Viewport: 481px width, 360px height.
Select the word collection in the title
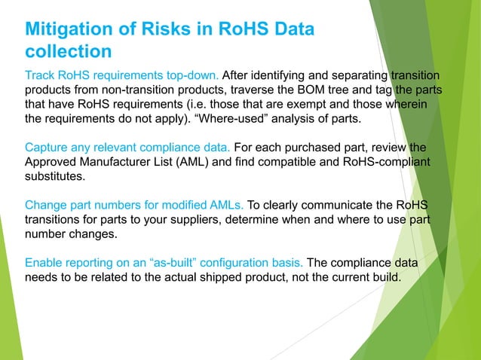pos(69,52)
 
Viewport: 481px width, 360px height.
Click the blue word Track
pos(41,75)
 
